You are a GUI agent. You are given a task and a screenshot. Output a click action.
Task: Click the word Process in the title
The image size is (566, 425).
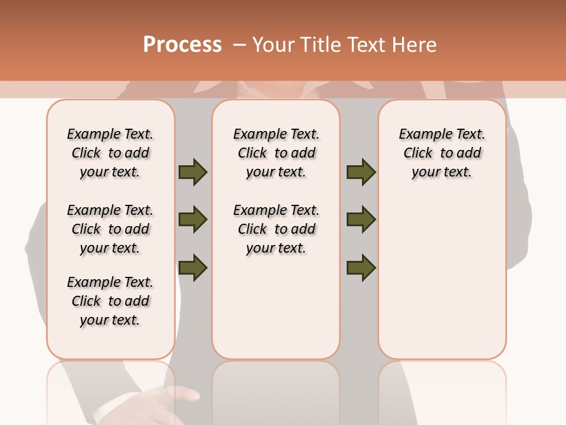click(x=182, y=45)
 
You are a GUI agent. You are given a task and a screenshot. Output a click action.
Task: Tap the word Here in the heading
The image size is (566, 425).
click(x=413, y=45)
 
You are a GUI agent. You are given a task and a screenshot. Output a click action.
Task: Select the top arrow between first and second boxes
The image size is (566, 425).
click(x=193, y=172)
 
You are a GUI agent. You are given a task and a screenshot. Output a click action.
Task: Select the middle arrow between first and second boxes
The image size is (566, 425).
click(x=193, y=220)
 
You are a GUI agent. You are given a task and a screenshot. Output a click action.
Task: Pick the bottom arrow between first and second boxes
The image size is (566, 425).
click(x=193, y=267)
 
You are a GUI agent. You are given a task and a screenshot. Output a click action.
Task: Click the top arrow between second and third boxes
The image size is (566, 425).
click(x=361, y=172)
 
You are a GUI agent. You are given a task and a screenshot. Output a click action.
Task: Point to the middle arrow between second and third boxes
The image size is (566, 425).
click(x=361, y=220)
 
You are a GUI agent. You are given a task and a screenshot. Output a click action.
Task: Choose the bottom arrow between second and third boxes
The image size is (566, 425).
click(x=361, y=267)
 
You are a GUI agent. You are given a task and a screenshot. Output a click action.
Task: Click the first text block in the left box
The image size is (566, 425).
click(x=110, y=153)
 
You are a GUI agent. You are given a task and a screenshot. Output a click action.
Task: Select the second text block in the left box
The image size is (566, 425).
click(x=110, y=229)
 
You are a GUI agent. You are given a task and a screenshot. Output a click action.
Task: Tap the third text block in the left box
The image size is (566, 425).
click(x=110, y=301)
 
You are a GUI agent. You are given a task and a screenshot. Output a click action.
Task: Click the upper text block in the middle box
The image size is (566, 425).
click(x=276, y=153)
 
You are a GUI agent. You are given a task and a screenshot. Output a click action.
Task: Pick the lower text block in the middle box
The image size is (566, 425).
click(x=276, y=229)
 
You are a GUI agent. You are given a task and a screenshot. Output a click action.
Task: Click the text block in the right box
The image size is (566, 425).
click(x=442, y=153)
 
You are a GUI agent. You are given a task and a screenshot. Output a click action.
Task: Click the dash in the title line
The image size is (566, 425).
click(x=239, y=45)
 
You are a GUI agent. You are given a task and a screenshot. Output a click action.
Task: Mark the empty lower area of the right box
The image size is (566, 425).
click(x=442, y=277)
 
